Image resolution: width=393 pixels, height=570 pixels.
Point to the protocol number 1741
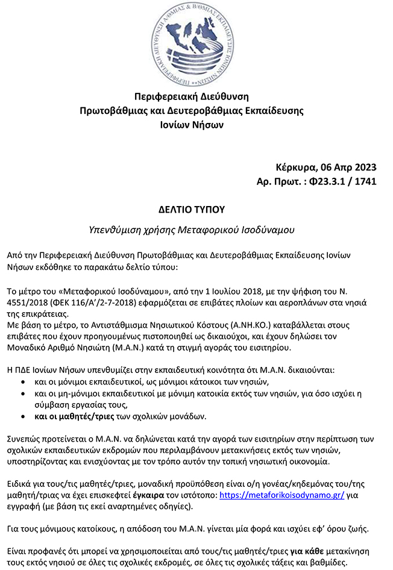click(x=364, y=181)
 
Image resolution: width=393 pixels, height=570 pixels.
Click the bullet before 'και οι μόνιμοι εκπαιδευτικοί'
click(x=23, y=382)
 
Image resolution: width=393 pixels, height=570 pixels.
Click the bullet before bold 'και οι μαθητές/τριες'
click(x=23, y=416)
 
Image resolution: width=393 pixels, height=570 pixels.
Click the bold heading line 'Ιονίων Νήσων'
click(x=196, y=125)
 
